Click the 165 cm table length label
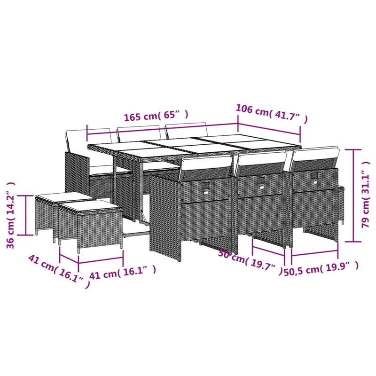coord(155,116)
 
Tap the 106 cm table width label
coord(272,113)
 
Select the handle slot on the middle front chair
coord(260,181)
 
